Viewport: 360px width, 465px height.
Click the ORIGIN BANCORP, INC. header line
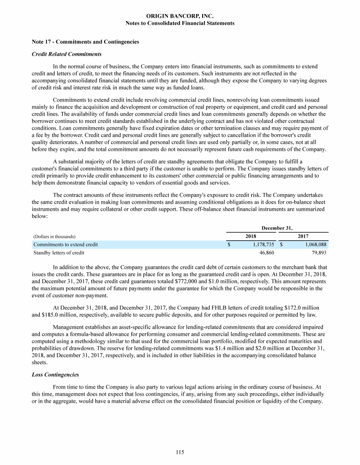(180, 16)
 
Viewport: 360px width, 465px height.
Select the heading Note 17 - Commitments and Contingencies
(85, 42)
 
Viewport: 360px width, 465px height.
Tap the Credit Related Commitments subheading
(67, 54)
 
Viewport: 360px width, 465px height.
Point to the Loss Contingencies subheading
(55, 375)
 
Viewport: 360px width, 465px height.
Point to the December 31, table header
(277, 228)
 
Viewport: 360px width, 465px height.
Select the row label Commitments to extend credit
(66, 244)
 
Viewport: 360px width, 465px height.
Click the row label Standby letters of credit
(59, 253)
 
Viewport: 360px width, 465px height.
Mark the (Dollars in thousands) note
(54, 236)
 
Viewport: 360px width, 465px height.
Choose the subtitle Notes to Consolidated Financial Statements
(180, 23)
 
